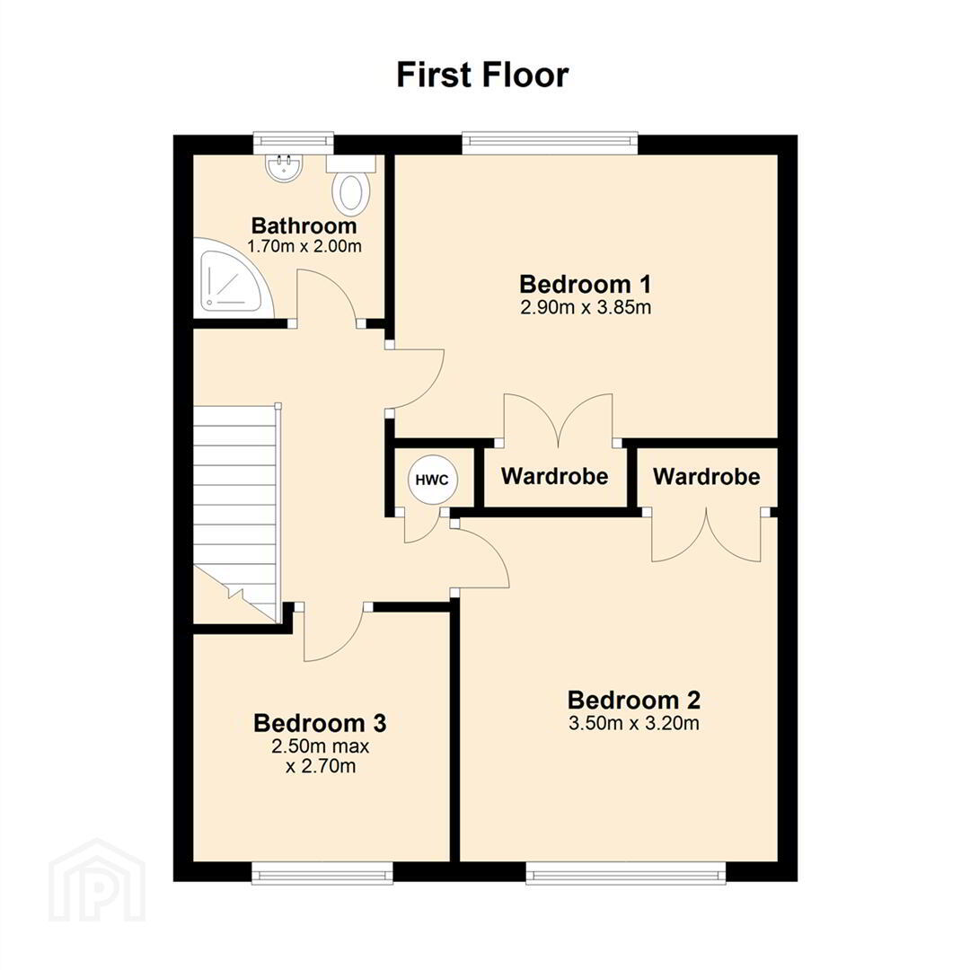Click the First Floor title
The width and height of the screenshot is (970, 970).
[x=482, y=75]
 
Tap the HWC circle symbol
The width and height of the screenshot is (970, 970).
[x=432, y=480]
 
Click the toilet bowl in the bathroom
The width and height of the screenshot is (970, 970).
[x=351, y=192]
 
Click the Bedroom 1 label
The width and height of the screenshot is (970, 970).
[x=586, y=284]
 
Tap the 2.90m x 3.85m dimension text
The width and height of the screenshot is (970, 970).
[x=586, y=307]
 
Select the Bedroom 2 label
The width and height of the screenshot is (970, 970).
[x=634, y=700]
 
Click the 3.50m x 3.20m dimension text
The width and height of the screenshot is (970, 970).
[x=634, y=723]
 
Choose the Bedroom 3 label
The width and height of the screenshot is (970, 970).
[x=320, y=722]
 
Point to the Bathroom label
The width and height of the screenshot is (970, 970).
[x=304, y=225]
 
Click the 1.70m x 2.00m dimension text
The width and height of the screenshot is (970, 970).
[x=304, y=246]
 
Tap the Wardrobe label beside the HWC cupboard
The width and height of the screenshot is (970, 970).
[x=555, y=476]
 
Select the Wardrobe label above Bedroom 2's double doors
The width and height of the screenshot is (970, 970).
[x=707, y=476]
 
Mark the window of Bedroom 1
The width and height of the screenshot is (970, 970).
[x=550, y=143]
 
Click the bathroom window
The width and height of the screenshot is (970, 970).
[x=293, y=143]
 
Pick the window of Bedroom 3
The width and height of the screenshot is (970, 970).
[x=322, y=873]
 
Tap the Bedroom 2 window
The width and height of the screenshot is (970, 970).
[x=626, y=873]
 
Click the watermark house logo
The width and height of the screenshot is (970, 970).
[x=97, y=881]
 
